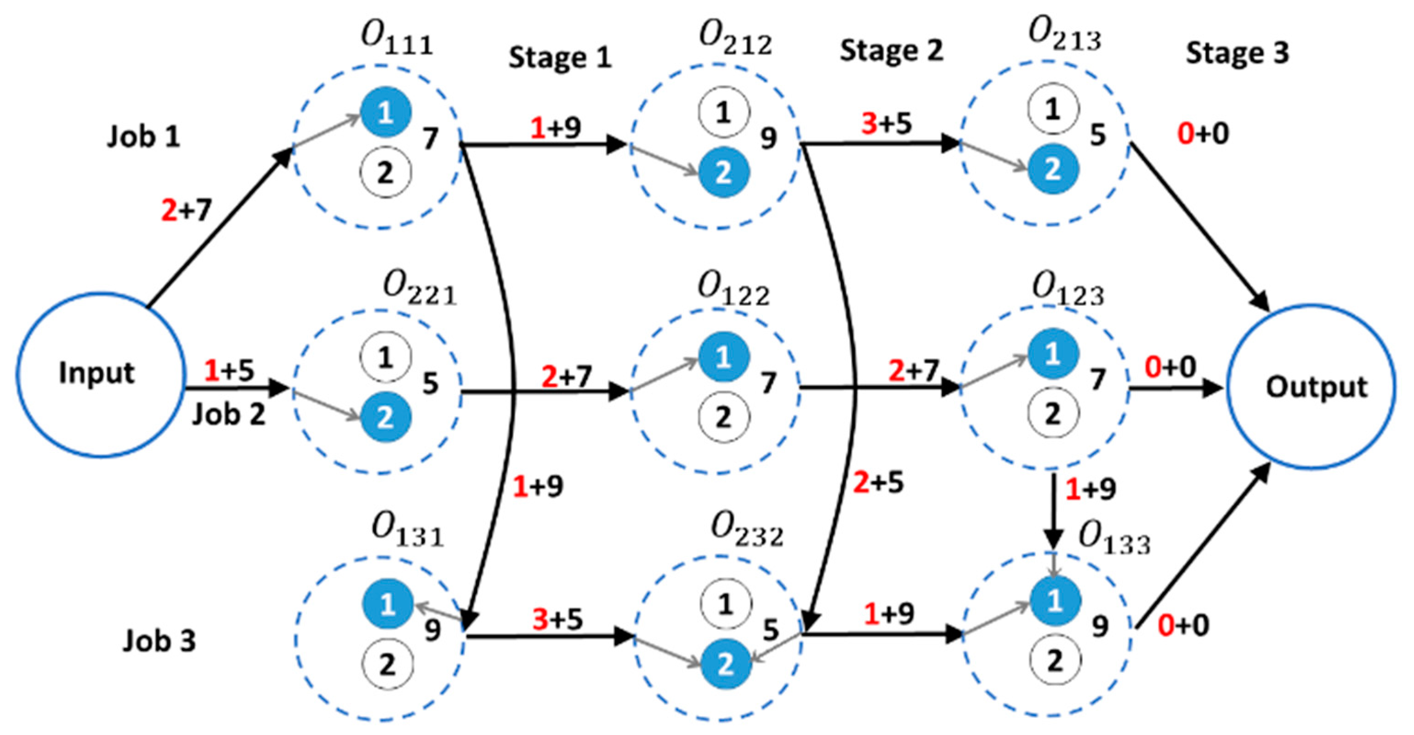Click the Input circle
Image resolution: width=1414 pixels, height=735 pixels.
[x=99, y=374]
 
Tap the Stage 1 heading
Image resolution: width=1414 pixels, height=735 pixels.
[x=560, y=57]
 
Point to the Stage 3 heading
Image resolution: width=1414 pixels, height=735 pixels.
[x=1237, y=53]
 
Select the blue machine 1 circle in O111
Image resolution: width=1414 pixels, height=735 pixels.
[x=386, y=113]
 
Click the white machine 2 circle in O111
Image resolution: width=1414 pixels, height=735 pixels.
[x=386, y=172]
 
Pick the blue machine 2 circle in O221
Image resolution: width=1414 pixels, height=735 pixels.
[x=386, y=417]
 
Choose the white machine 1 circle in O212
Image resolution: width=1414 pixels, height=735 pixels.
[x=723, y=112]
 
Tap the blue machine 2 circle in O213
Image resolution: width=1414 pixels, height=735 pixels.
[x=1052, y=169]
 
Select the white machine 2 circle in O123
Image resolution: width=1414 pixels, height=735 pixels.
[x=1052, y=413]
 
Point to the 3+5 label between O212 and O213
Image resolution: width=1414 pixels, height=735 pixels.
[x=886, y=124]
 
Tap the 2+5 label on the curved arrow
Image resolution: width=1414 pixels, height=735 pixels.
[x=878, y=482]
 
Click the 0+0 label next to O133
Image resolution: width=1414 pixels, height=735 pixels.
[x=1183, y=625]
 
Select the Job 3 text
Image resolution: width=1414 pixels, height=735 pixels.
[x=159, y=640]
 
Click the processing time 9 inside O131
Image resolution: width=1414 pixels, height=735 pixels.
[x=432, y=630]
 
